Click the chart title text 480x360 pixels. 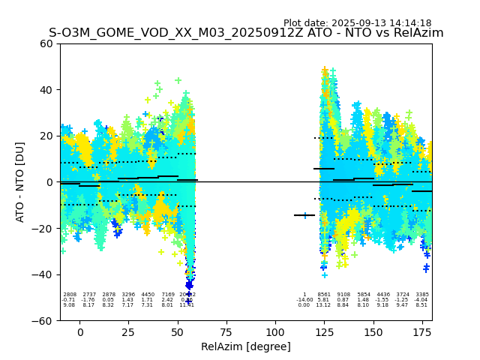(x=246, y=33)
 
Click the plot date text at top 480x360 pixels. (x=357, y=23)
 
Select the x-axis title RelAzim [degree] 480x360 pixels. (x=246, y=346)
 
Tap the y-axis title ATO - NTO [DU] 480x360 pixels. (x=20, y=181)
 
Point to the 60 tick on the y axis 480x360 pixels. (x=46, y=43)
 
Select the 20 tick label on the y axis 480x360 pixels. (x=46, y=136)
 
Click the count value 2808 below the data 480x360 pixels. (x=70, y=295)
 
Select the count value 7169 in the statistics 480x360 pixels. (x=167, y=295)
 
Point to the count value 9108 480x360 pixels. (x=343, y=295)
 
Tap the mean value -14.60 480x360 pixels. (x=304, y=300)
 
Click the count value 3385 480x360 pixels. (x=422, y=295)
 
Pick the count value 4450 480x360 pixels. (x=148, y=295)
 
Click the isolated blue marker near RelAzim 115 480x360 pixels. (x=304, y=215)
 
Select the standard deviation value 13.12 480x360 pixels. (x=324, y=305)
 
